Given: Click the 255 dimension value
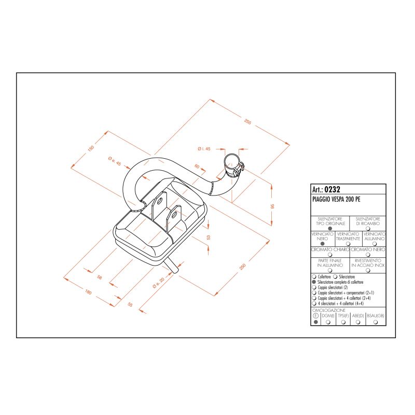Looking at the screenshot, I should (248, 122).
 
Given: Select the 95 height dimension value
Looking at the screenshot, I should (272, 206).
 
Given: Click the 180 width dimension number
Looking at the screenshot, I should (88, 293).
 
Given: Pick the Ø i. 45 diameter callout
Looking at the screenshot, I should (204, 149).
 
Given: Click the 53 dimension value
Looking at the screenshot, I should (209, 237).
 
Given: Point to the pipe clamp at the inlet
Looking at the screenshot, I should (233, 167).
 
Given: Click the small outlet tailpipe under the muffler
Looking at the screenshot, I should (173, 266).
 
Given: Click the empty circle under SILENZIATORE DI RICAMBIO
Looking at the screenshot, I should (367, 228).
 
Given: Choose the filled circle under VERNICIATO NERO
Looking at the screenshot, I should (322, 243).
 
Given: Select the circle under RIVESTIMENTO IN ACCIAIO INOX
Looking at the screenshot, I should (367, 270).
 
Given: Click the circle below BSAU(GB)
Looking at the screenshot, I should (376, 322).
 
